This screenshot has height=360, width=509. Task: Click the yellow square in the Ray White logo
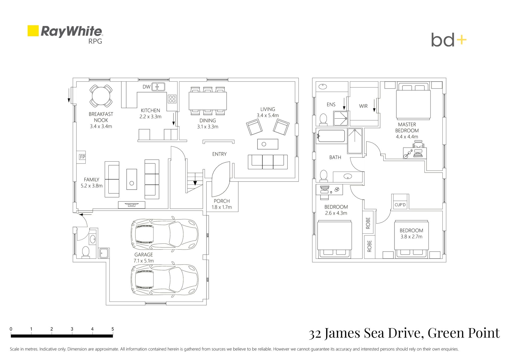pos(33,31)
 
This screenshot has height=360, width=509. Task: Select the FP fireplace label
pos(82,157)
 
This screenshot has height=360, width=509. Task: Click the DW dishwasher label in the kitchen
pos(146,87)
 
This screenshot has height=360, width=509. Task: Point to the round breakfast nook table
pos(101,96)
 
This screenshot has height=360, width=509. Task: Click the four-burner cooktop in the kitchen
pos(172,99)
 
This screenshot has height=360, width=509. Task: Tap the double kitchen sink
pos(158,87)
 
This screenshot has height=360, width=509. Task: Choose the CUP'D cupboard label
pos(400,205)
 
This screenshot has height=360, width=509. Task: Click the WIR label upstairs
pos(363,106)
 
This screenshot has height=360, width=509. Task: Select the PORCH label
pos(222,201)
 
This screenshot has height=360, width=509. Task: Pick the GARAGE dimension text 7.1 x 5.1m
pos(144,261)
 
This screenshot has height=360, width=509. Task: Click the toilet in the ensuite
pos(323,119)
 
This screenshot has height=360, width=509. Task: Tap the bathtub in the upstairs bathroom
pos(331,136)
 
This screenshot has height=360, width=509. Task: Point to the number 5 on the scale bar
pos(113,329)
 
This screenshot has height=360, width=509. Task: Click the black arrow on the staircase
pos(195,183)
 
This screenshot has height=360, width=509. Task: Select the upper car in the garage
pos(164,234)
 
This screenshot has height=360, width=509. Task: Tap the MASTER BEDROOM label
pos(407,127)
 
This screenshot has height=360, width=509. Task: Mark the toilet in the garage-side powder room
pos(86,252)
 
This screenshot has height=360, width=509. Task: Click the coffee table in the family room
pos(131,179)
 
